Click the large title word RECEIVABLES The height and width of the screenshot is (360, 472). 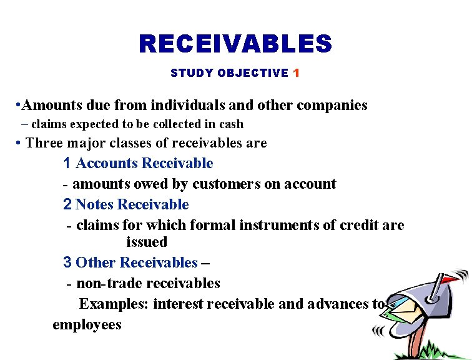pos(235,44)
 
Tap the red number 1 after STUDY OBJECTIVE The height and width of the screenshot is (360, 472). pos(296,73)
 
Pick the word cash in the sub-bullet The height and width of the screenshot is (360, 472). pos(230,124)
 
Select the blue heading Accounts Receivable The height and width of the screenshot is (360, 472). pos(144,163)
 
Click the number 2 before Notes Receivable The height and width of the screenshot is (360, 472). pos(67,204)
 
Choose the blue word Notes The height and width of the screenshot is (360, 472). pos(95,204)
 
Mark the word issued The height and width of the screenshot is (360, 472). pos(147,242)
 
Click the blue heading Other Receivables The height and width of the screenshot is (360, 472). pos(136,262)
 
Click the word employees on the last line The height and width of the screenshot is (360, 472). pos(87,324)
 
